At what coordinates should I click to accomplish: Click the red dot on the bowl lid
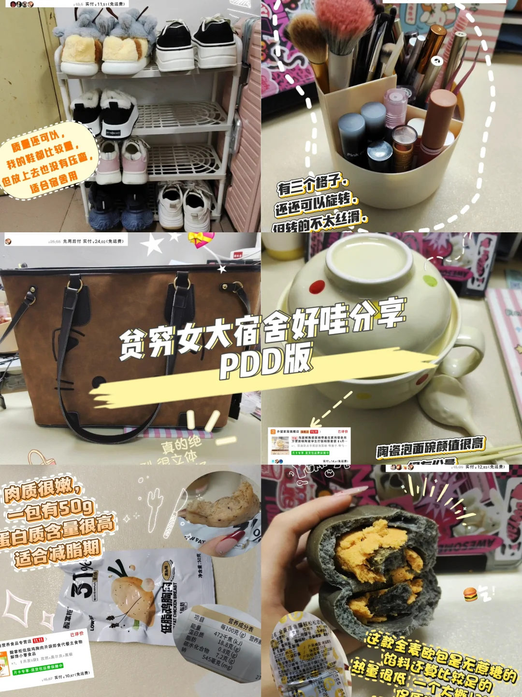317,287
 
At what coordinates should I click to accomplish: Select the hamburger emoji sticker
470,594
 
